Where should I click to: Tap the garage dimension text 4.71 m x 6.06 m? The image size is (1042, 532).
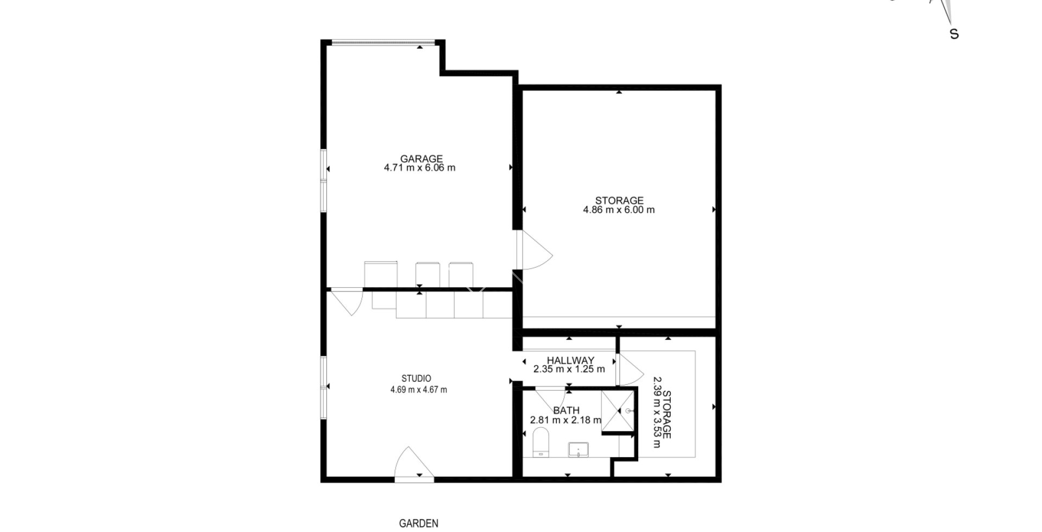(x=420, y=168)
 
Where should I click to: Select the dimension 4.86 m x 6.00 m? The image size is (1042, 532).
(x=619, y=210)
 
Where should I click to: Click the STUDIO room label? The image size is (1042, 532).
(x=416, y=378)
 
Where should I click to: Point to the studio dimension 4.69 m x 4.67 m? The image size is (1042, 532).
(x=418, y=390)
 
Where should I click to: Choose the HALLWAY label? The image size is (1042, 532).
(x=570, y=360)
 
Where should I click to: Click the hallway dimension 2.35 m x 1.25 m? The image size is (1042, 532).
(x=569, y=370)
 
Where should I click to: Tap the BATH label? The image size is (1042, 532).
(x=566, y=410)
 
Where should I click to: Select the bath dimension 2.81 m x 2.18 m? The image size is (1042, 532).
(x=566, y=420)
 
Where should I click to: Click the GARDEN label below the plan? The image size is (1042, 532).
(x=418, y=524)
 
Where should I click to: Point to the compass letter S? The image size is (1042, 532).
(x=954, y=34)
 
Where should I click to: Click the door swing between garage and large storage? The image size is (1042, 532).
(x=533, y=251)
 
